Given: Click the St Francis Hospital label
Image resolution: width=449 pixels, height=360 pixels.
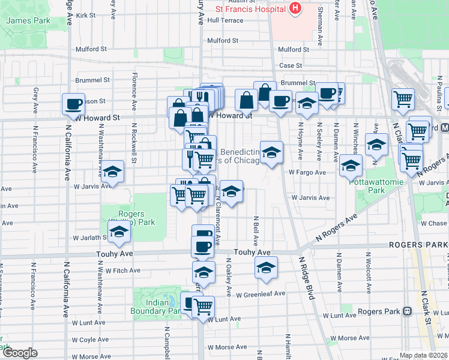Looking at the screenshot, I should click(x=251, y=10).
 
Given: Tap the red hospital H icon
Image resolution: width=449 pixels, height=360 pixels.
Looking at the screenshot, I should click(x=295, y=8).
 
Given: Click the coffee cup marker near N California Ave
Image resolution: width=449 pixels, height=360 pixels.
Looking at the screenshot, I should click(x=74, y=104).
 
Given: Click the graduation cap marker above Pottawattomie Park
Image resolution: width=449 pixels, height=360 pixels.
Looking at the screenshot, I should click(x=351, y=166).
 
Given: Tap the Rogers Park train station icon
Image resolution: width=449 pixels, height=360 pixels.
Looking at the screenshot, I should click(x=408, y=311).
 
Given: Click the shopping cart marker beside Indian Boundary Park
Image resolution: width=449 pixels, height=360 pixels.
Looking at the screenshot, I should click(x=203, y=306).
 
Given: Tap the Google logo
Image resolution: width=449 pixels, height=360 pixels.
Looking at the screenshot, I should click(x=19, y=353).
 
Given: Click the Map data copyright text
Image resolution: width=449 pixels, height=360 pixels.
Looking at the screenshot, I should click(x=423, y=356).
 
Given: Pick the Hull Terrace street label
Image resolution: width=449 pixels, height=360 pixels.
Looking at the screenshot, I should click(x=225, y=20).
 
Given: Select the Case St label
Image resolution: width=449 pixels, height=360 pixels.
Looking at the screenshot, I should click(x=290, y=65).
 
